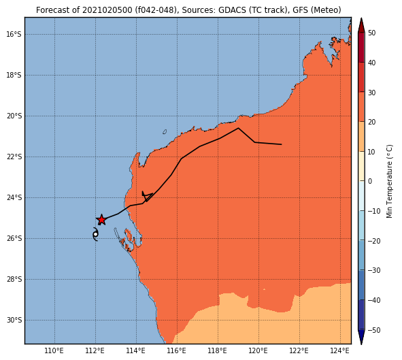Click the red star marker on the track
tap(101, 220)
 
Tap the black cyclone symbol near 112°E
tap(95, 234)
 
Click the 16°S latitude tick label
tap(14, 34)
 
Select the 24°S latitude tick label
tap(14, 197)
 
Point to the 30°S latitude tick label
tap(14, 321)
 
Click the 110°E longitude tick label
tap(54, 350)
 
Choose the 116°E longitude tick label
tap(177, 350)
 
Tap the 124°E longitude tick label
tap(340, 350)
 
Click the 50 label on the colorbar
tap(371, 33)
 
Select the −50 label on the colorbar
tap(374, 330)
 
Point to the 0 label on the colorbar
tap(370, 181)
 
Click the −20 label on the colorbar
tap(374, 241)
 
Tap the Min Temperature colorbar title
tap(389, 181)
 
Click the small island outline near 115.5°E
tap(165, 132)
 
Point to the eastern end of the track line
tap(282, 144)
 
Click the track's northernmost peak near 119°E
tap(238, 128)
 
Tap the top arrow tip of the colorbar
tap(361, 18)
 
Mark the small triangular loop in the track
tap(147, 196)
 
